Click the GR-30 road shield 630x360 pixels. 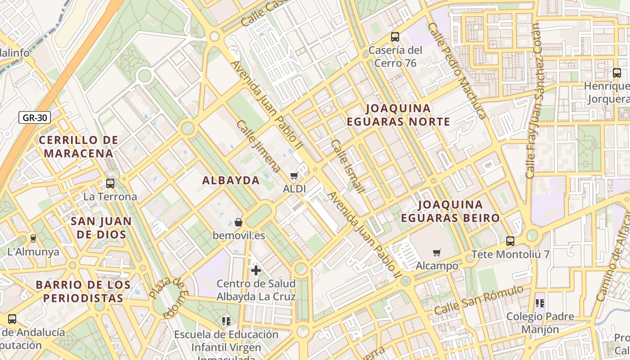[x=35, y=118]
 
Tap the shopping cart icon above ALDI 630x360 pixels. [x=294, y=175]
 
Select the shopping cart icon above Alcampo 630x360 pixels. [x=436, y=252]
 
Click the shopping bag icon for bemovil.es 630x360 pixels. [x=238, y=222]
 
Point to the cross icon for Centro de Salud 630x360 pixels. [x=256, y=270]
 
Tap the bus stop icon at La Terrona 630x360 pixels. [x=110, y=183]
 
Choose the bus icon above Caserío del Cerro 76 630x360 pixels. [x=395, y=37]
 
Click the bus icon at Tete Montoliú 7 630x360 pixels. [x=510, y=241]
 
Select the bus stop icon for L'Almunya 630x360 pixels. [x=33, y=238]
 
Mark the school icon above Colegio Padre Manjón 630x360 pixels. [x=540, y=303]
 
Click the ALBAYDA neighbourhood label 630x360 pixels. [x=231, y=180]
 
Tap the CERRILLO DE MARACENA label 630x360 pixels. [x=79, y=147]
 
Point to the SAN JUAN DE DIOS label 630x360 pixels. [x=101, y=228]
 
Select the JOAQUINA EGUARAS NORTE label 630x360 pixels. [x=398, y=115]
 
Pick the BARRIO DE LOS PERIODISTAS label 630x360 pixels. [x=83, y=291]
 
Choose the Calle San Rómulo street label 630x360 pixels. [x=479, y=300]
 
